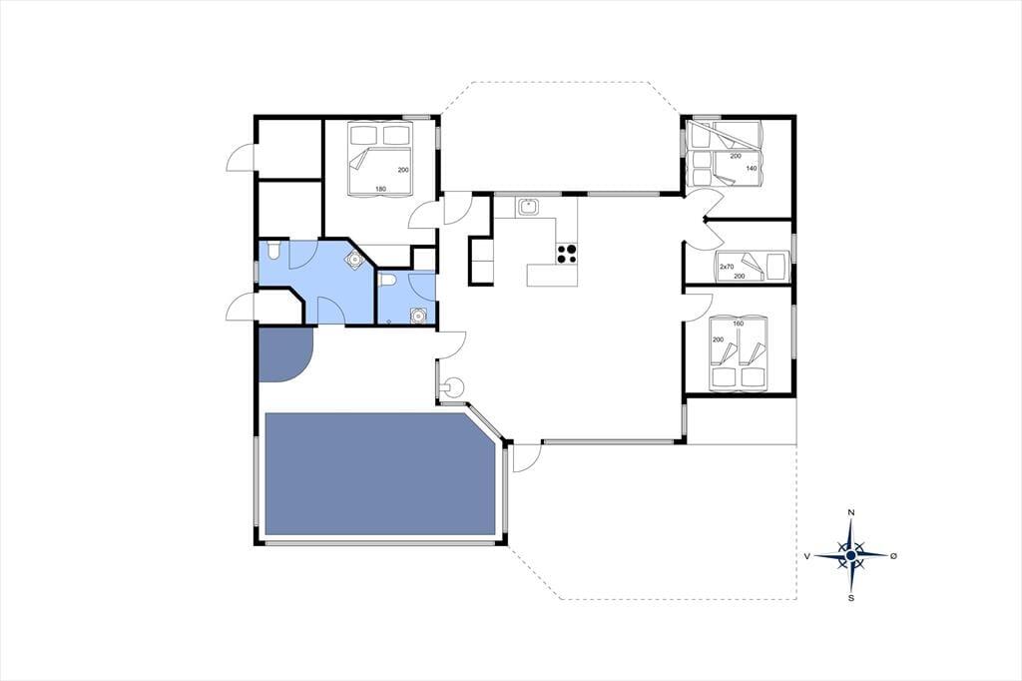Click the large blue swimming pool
coord(378,475)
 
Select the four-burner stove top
coord(567,254)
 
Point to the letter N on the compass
coord(850,512)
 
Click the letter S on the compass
coord(850,597)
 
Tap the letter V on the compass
coord(806,556)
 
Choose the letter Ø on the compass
coord(893,556)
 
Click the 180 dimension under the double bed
coord(380,189)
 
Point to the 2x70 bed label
coord(727,267)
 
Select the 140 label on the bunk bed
coord(752,169)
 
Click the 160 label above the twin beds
coord(738,324)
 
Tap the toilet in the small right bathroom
coord(387,281)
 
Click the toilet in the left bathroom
coord(274,250)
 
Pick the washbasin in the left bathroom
coord(353,260)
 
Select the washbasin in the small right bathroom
coord(418,317)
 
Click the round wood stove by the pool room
coord(452,386)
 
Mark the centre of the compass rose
coord(850,555)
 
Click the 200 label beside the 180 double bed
coord(403,170)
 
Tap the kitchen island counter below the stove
coord(552,275)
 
